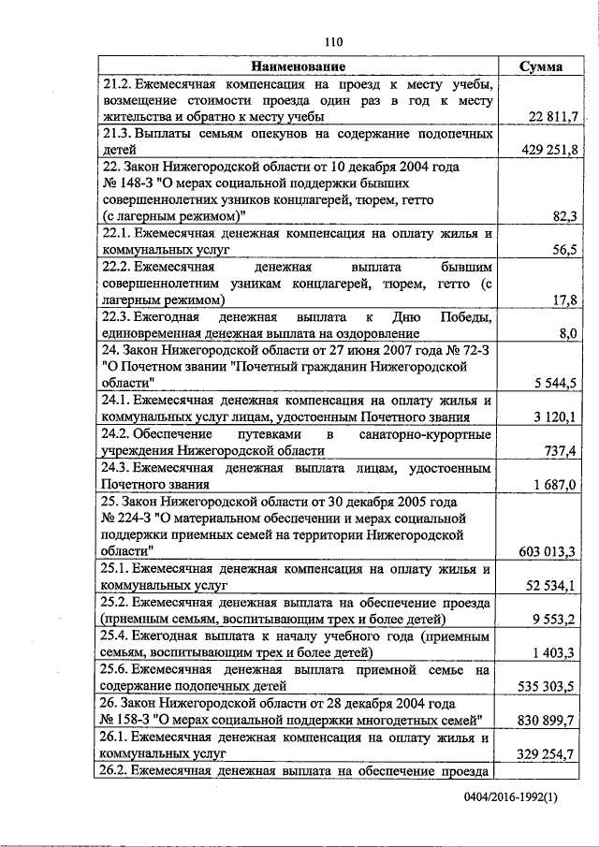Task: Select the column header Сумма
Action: tap(544, 66)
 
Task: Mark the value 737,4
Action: tap(562, 450)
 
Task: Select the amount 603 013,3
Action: tap(549, 550)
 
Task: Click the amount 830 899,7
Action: tap(549, 718)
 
